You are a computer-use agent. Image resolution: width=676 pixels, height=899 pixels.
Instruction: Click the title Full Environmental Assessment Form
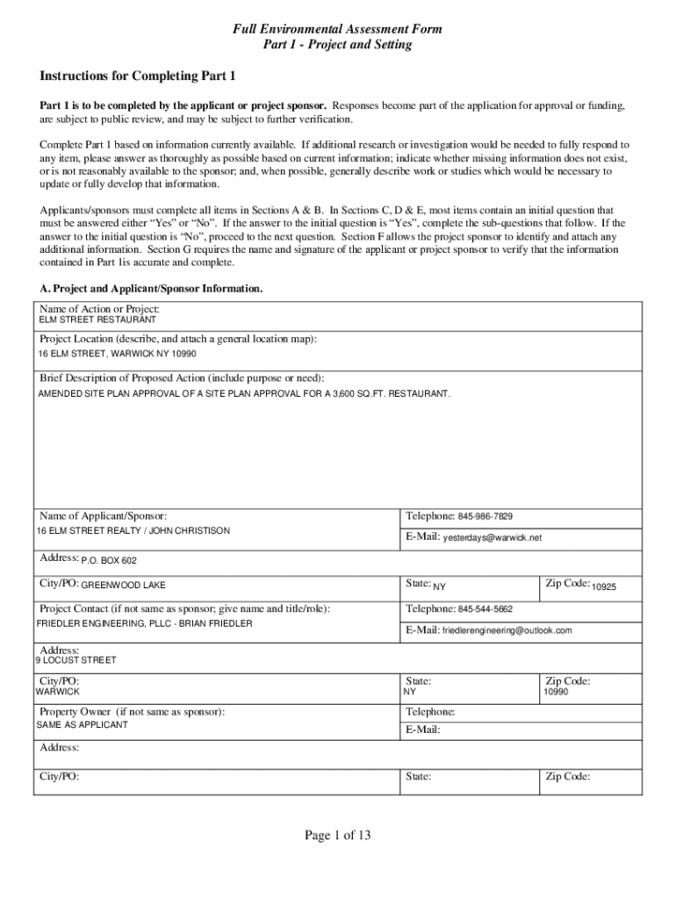pos(337,30)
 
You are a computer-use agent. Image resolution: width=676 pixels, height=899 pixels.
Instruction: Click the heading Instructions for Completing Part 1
pos(137,76)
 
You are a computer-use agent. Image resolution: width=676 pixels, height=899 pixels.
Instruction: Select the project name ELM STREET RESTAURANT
pos(97,320)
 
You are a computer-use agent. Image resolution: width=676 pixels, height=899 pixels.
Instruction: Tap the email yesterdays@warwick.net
pos(493,537)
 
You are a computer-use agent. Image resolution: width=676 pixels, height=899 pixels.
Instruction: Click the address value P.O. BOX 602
pos(109,560)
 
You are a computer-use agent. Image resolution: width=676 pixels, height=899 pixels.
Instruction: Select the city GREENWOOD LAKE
pos(123,585)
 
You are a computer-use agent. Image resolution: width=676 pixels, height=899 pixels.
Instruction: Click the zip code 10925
pos(604,586)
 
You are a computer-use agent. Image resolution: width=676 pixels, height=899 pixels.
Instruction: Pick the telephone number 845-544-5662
pos(485,609)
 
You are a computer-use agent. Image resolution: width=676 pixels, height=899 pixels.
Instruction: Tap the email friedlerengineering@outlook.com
pos(507,630)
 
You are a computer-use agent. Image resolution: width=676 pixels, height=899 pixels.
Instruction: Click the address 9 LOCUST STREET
pos(76,660)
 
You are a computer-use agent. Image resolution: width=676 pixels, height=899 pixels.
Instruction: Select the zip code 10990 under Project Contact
pos(556,692)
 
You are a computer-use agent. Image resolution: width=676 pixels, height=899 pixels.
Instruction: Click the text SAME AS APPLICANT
pos(82,725)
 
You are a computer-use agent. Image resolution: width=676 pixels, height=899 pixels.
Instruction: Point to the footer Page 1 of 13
pos(338,835)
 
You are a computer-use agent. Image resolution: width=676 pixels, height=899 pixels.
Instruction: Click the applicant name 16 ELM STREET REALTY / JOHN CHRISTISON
pos(133,531)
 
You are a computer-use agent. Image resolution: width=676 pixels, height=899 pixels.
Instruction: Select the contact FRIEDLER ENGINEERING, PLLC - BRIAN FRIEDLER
pos(144,623)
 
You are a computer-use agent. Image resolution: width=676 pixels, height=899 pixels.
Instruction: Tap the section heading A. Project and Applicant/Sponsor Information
pos(151,288)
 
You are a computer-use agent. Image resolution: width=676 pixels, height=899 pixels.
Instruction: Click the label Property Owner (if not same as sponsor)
pos(132,712)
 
